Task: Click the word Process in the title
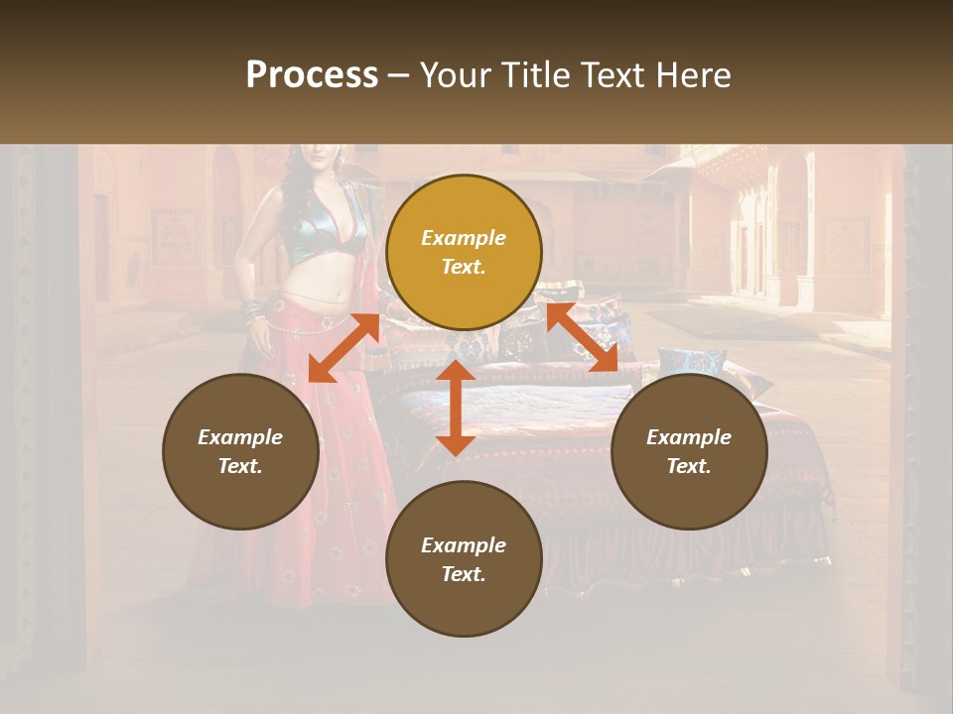click(312, 75)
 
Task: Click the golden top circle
click(464, 252)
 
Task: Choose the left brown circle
click(240, 451)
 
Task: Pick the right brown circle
click(689, 451)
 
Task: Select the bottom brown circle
click(464, 558)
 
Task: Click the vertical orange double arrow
click(456, 407)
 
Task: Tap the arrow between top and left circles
click(343, 347)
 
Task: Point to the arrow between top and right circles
click(582, 337)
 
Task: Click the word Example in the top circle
click(464, 238)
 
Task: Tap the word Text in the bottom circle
click(464, 574)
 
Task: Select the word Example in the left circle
click(240, 437)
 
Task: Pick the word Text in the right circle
click(689, 466)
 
